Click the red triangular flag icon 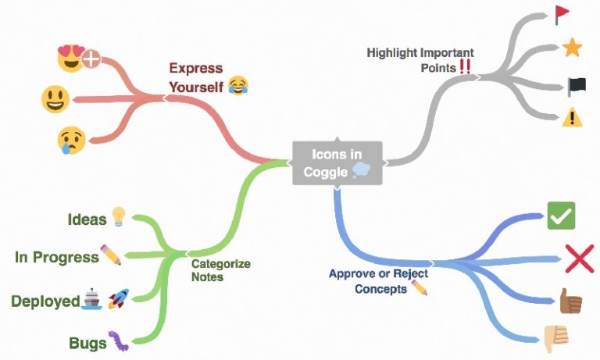[x=562, y=15]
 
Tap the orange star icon [x=572, y=48]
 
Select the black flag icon [x=577, y=87]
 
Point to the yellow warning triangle [x=573, y=117]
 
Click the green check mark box [x=562, y=216]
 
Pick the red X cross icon [x=580, y=259]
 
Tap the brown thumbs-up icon [x=570, y=301]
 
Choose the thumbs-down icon [x=555, y=338]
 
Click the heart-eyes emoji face [x=71, y=59]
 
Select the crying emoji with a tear [x=71, y=141]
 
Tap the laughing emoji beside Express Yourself [x=238, y=85]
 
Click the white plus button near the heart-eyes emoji [x=91, y=59]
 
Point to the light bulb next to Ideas [x=119, y=216]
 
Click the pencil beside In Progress [x=111, y=255]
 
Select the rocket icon [x=119, y=299]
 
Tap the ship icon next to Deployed [x=92, y=299]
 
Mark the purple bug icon [x=118, y=341]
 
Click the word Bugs [x=87, y=343]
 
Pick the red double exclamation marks [x=465, y=66]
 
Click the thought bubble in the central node [x=361, y=170]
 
